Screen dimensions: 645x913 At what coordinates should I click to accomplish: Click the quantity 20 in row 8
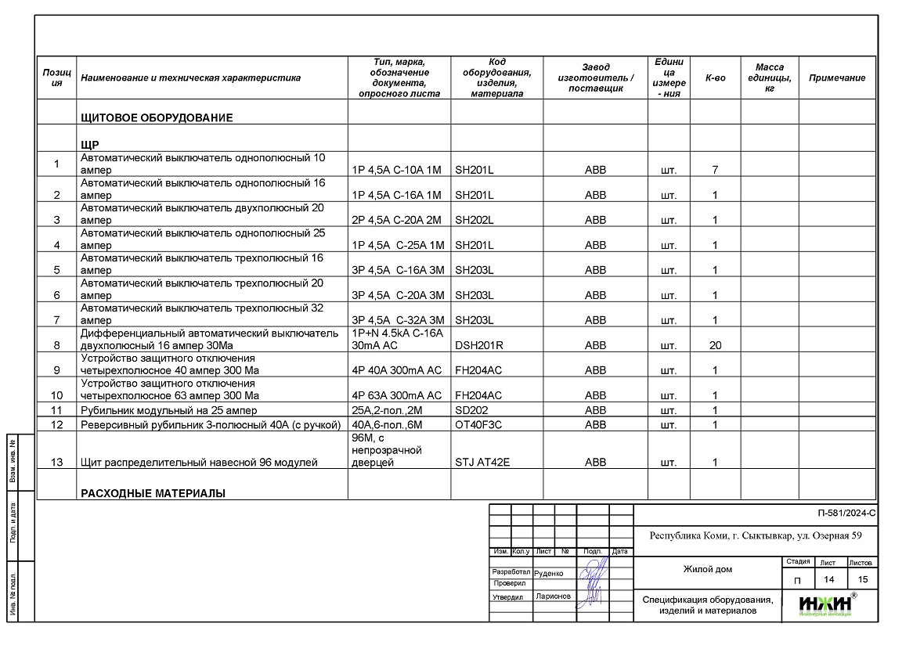pyautogui.click(x=715, y=345)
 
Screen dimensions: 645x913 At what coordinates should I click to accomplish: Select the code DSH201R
pyautogui.click(x=478, y=345)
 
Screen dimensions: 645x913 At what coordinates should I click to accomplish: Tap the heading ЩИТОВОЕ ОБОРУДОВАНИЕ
pyautogui.click(x=157, y=118)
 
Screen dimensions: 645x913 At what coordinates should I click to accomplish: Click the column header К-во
pyautogui.click(x=715, y=78)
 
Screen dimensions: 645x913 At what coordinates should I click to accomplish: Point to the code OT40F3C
pyautogui.click(x=478, y=425)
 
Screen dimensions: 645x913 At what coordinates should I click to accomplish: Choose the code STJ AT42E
pyautogui.click(x=482, y=463)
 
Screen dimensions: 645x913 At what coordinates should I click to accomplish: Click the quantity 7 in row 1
pyautogui.click(x=715, y=170)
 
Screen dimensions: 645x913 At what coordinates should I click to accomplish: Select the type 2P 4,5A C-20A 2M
pyautogui.click(x=398, y=220)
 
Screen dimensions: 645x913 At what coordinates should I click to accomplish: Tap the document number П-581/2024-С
pyautogui.click(x=845, y=514)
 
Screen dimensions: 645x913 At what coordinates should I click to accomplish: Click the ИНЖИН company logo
pyautogui.click(x=827, y=604)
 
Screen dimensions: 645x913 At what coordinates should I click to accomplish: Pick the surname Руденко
pyautogui.click(x=548, y=573)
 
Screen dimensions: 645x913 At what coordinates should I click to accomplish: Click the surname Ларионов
pyautogui.click(x=553, y=596)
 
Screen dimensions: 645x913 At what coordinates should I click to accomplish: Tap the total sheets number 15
pyautogui.click(x=863, y=580)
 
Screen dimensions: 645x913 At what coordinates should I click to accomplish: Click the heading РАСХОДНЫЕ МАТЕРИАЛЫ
pyautogui.click(x=153, y=494)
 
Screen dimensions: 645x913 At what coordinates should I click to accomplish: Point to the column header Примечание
pyautogui.click(x=837, y=78)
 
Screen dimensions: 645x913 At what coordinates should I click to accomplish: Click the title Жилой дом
pyautogui.click(x=707, y=569)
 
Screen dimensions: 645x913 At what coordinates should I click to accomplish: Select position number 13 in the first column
pyautogui.click(x=56, y=463)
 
